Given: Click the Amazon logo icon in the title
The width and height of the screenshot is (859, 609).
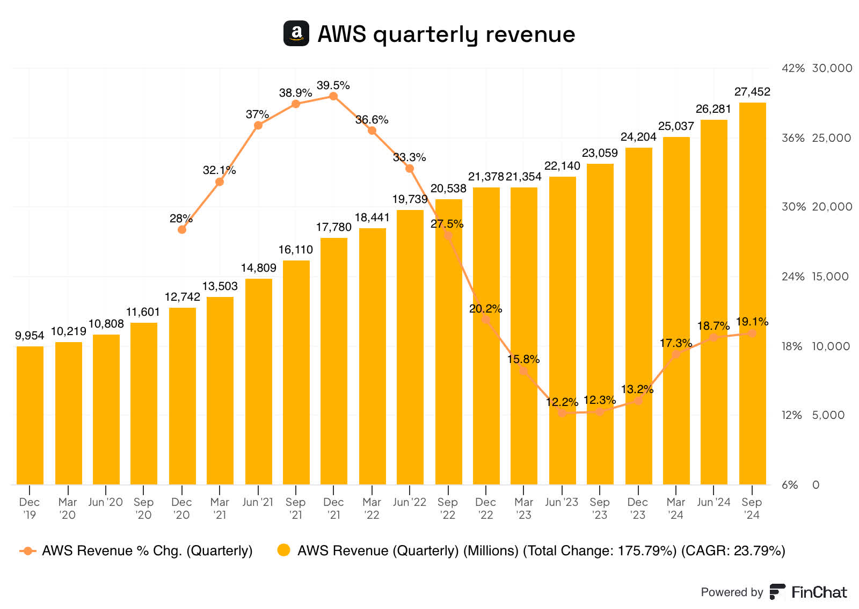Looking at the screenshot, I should [x=296, y=33].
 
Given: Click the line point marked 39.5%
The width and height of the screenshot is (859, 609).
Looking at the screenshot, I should [x=333, y=97].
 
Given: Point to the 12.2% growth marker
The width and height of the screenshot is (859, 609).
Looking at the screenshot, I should [x=562, y=412].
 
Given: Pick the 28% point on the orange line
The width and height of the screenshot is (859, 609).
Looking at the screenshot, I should [x=182, y=229].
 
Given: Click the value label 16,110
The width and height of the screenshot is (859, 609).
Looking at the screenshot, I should [x=295, y=250].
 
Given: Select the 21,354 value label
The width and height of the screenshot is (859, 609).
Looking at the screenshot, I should [x=523, y=177].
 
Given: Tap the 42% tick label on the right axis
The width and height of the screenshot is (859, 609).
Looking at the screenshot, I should [x=793, y=68].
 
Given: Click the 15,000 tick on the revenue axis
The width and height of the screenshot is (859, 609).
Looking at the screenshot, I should [x=830, y=277].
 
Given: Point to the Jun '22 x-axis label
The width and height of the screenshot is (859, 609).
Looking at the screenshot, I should [x=409, y=502].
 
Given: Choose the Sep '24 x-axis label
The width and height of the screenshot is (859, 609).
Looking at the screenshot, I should [x=752, y=508].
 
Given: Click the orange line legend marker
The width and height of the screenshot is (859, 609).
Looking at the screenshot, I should [x=27, y=550].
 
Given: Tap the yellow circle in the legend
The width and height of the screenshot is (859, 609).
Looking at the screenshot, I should [x=283, y=550].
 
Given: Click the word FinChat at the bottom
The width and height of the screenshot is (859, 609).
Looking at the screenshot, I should [x=819, y=592].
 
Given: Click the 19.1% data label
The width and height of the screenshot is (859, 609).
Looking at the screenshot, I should [x=752, y=322].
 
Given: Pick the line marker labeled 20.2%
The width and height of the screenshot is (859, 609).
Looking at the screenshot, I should [x=486, y=320].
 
